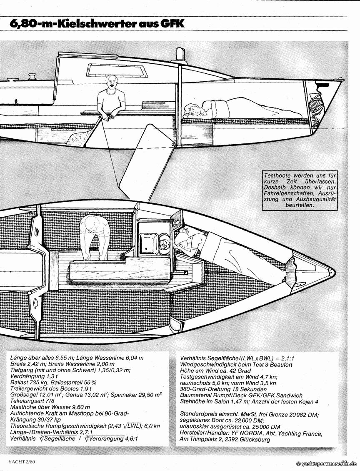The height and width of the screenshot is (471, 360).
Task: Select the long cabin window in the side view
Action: pos(117,70)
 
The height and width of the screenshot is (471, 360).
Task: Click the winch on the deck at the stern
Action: pos(32,77)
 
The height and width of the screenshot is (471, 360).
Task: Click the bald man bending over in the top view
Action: pos(95,235)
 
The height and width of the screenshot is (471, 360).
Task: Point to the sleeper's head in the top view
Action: pos(182,240)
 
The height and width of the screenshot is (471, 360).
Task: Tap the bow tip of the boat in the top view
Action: pos(332,273)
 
